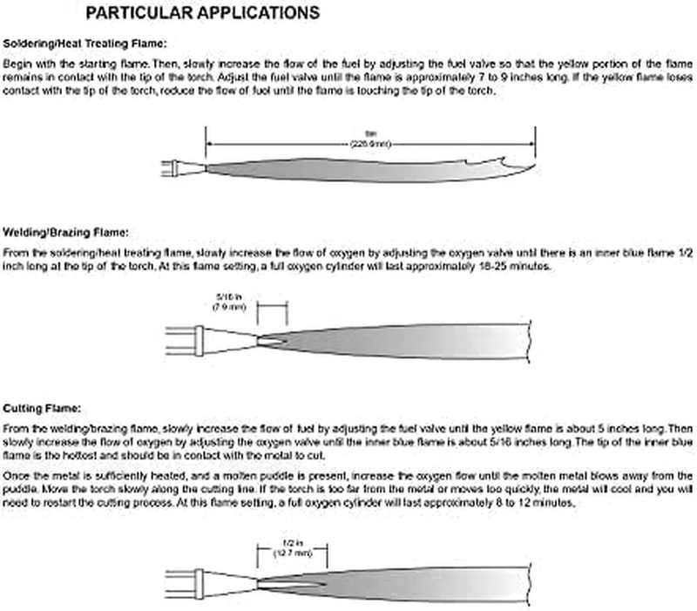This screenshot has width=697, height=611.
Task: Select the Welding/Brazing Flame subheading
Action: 66,233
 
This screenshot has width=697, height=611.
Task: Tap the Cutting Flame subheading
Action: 43,408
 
